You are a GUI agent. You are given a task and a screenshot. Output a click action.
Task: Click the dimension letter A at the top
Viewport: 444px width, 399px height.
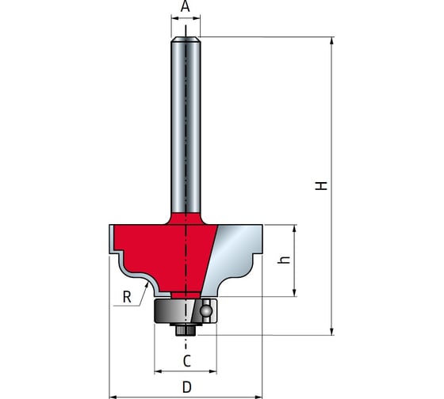point(186,6)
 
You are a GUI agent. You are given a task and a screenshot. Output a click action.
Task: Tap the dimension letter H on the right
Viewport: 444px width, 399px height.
point(321,186)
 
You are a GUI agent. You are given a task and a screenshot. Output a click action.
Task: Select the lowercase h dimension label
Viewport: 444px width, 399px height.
point(284,260)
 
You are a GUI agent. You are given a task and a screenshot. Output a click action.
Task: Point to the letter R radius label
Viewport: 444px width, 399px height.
point(127,297)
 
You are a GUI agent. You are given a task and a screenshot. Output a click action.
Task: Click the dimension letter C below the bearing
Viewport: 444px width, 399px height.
point(186,361)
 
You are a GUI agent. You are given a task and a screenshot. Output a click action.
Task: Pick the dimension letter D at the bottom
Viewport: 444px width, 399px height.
point(187,387)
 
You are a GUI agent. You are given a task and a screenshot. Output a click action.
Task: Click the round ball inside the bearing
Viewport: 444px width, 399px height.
point(206,311)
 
